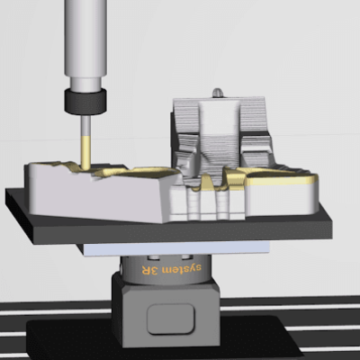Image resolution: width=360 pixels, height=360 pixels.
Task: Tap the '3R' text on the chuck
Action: coord(154,268)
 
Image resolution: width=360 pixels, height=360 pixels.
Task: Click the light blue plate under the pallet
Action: coord(180,247)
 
